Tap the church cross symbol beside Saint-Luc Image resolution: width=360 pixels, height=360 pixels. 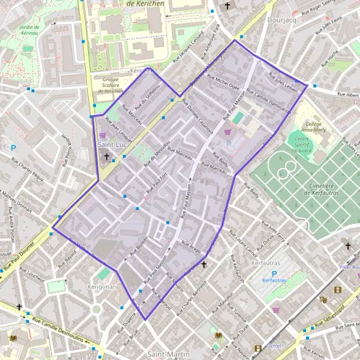[107, 157]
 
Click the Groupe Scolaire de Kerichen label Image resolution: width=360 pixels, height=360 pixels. [110, 85]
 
